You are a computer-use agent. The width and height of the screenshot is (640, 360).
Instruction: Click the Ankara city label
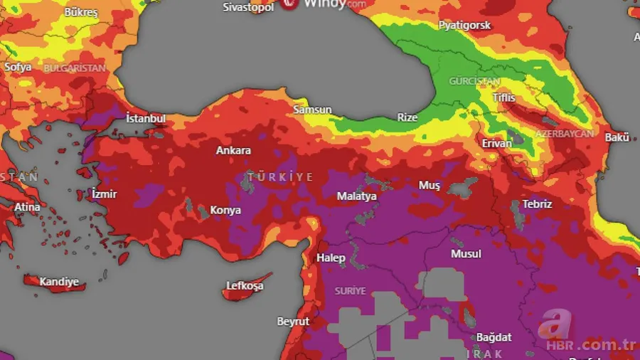tap(233, 150)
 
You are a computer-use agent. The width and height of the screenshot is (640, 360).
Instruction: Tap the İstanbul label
tap(146, 118)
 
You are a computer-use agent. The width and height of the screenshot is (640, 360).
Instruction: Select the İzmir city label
tap(104, 194)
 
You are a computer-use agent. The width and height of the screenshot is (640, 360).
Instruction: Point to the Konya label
tap(225, 210)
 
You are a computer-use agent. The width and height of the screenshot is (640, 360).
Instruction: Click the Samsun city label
tap(312, 110)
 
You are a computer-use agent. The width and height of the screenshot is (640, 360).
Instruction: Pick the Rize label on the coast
tap(407, 117)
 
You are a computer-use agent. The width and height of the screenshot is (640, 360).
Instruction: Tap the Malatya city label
tap(356, 196)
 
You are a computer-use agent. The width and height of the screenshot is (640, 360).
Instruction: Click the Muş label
tap(429, 185)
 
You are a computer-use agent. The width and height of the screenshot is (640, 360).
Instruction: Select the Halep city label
tap(331, 258)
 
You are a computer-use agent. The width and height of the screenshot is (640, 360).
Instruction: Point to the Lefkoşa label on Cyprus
tap(245, 285)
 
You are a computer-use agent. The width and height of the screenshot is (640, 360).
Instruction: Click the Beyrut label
tap(293, 322)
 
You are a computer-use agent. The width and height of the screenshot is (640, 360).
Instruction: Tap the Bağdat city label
tap(494, 337)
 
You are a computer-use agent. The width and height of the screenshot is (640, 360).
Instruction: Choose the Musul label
tap(466, 253)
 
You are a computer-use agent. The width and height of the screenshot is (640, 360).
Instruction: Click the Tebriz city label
tap(537, 203)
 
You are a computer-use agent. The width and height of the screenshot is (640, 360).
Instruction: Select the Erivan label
tap(496, 143)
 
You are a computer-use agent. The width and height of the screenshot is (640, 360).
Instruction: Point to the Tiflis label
tap(503, 97)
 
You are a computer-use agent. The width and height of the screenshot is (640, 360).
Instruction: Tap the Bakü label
tap(617, 137)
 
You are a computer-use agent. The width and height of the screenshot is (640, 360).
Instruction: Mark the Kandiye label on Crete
tap(59, 282)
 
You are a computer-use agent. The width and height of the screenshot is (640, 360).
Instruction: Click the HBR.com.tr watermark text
tap(590, 345)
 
